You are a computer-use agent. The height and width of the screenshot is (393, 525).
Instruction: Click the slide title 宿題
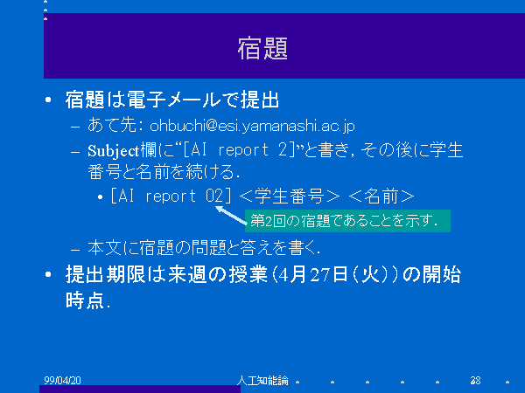(262, 48)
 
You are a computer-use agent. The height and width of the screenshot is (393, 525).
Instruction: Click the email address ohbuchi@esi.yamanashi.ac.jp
(252, 126)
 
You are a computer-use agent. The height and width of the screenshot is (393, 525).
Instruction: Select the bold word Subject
(113, 151)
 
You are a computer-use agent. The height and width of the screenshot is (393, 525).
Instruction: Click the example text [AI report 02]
(171, 196)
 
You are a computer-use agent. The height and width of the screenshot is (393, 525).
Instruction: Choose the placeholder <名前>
(381, 196)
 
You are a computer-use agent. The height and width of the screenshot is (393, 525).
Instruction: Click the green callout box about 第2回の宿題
(347, 221)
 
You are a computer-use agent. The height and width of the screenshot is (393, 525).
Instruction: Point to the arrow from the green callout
(231, 215)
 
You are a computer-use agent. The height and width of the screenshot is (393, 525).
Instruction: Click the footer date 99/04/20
(63, 380)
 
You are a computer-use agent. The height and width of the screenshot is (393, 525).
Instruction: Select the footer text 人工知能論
(262, 380)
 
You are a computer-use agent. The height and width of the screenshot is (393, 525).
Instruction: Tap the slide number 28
(475, 380)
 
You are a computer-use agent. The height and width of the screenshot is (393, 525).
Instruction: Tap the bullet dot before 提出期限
(48, 275)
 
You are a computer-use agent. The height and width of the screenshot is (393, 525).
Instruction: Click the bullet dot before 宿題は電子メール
(48, 100)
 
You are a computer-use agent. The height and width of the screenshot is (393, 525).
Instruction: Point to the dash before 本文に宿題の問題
(75, 250)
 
